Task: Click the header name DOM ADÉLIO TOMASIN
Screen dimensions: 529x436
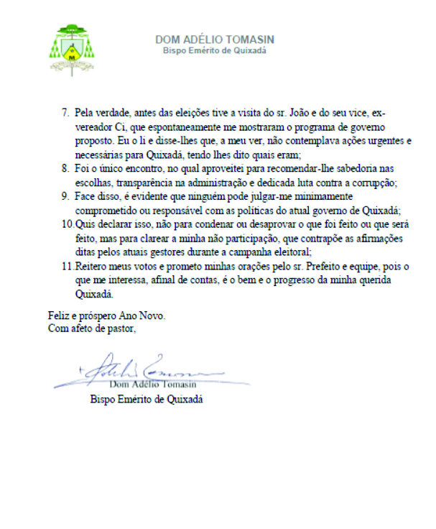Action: pos(215,40)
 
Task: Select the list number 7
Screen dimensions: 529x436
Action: pos(64,113)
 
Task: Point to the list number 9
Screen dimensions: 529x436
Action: pos(64,195)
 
